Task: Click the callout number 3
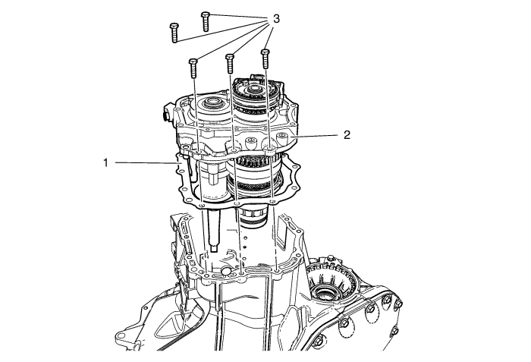276,19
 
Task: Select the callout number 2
347,135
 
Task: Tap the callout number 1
105,163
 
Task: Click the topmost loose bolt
206,22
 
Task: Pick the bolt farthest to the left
174,33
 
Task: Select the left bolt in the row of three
193,68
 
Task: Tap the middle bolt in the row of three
230,63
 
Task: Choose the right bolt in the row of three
265,58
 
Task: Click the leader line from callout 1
147,163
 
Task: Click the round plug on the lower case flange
226,270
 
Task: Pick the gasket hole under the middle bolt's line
237,203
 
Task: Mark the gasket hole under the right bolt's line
273,202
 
